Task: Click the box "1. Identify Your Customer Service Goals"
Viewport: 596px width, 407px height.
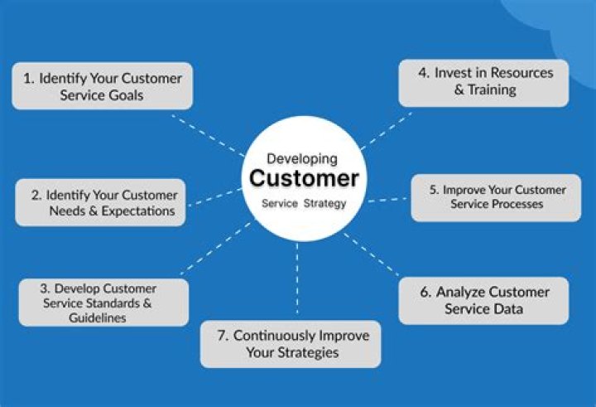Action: click(x=102, y=86)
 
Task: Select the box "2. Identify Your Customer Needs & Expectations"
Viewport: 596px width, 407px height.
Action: click(x=100, y=203)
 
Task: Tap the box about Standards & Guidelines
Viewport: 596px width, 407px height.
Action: click(x=103, y=303)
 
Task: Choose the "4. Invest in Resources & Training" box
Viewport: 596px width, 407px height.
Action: click(x=483, y=81)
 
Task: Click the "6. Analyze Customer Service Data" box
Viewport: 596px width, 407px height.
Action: click(x=483, y=300)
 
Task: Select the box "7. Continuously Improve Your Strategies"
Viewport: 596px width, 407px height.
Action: click(x=291, y=344)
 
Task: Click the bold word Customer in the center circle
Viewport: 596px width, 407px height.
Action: click(x=304, y=178)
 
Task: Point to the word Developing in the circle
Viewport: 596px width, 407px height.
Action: click(x=301, y=157)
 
